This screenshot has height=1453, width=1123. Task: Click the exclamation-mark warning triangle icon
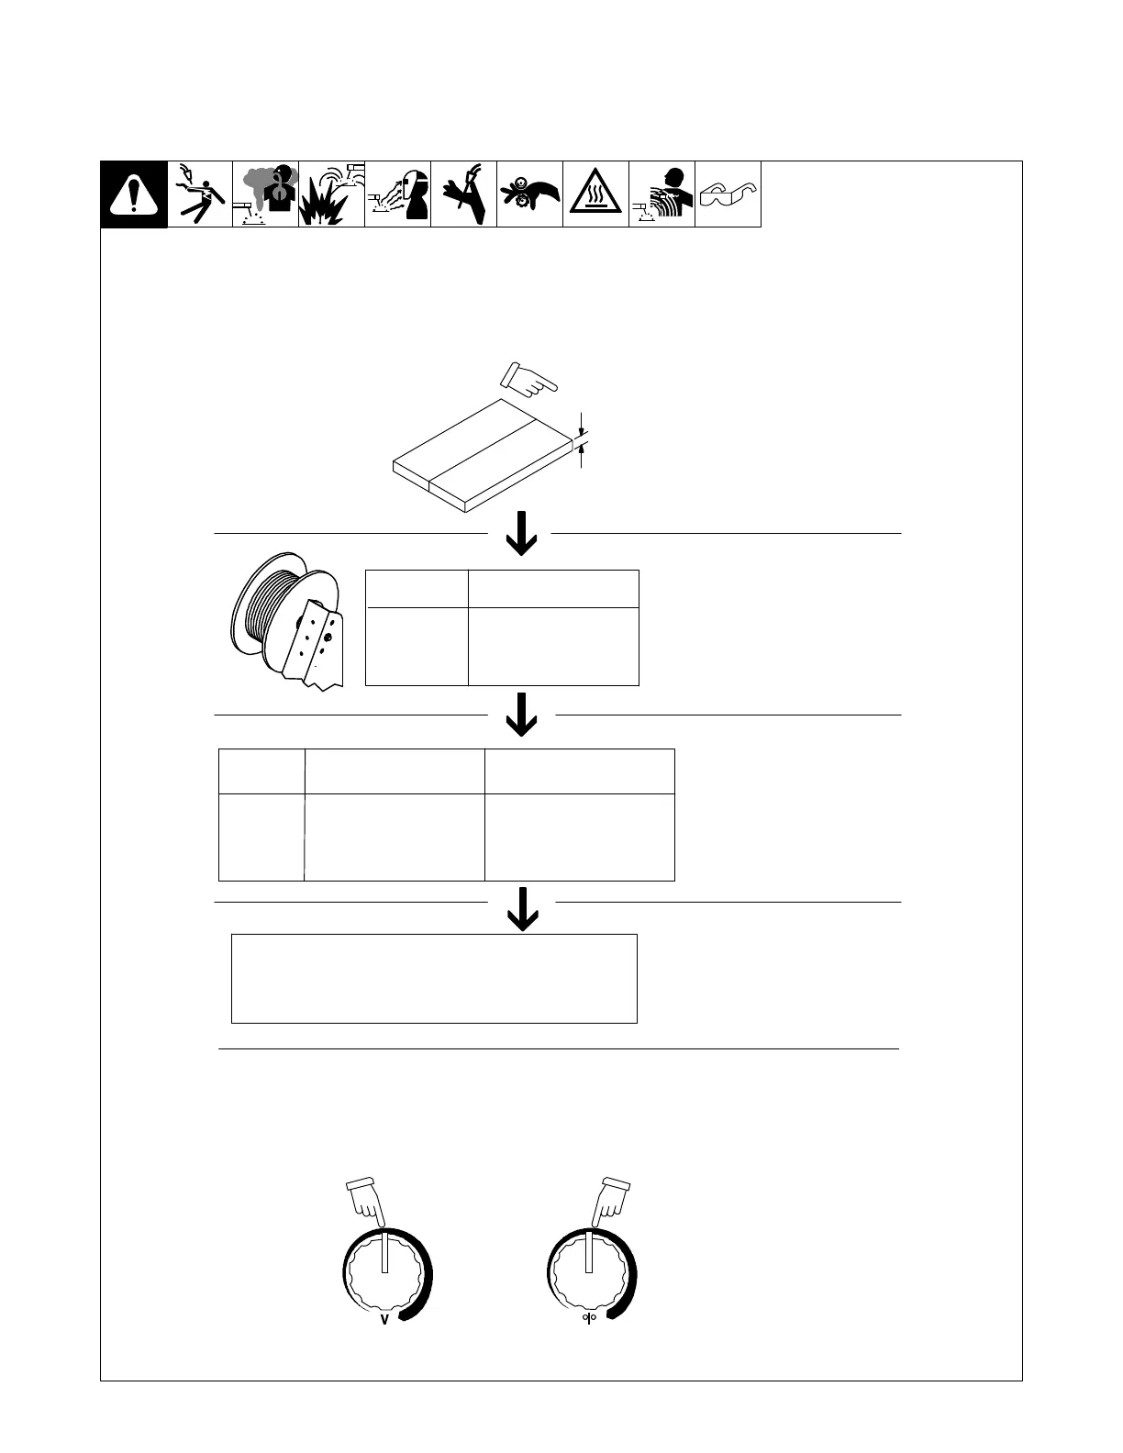134,194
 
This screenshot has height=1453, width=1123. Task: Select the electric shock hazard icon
200,194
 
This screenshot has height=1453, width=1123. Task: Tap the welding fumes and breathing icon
266,194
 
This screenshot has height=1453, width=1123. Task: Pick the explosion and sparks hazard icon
331,194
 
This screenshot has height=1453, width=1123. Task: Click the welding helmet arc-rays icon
398,194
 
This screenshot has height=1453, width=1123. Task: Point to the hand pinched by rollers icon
529,194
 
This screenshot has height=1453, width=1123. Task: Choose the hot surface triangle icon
595,194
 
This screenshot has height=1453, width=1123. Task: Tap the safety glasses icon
728,194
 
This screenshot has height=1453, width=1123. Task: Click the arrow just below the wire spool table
521,714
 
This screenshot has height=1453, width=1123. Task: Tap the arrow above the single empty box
522,908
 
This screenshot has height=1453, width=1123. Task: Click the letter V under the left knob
384,1322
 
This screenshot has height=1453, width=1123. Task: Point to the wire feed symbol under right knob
589,1322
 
